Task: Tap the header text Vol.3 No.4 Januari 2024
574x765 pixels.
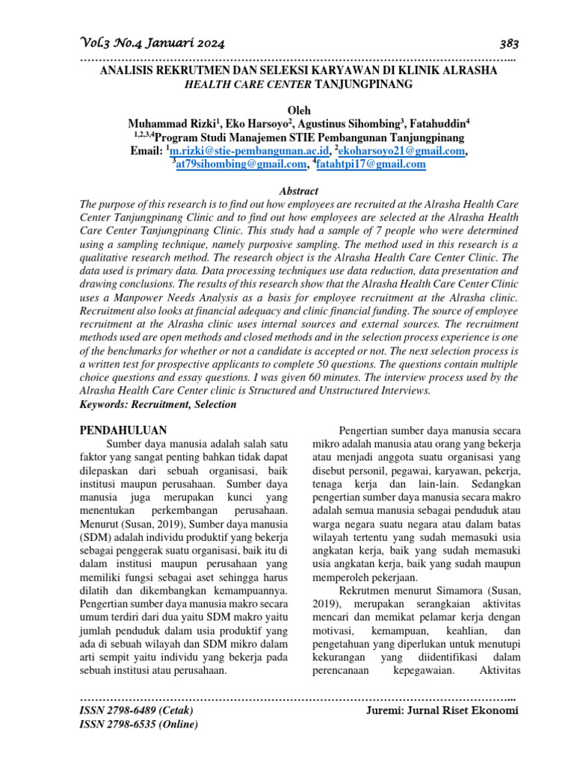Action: (x=151, y=43)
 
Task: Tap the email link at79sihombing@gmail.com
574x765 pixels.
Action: (x=241, y=165)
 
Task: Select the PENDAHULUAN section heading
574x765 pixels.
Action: (x=123, y=430)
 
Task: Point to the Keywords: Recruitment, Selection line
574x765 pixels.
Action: (x=158, y=404)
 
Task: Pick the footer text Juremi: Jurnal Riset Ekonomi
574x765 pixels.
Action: (x=442, y=710)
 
